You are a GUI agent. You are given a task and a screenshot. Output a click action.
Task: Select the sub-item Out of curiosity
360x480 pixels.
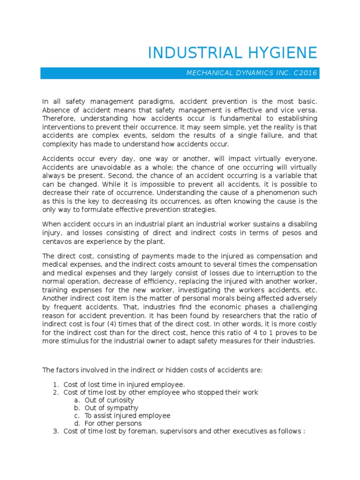tap(109, 400)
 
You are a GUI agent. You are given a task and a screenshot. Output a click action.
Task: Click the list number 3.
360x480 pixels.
tap(55, 431)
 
